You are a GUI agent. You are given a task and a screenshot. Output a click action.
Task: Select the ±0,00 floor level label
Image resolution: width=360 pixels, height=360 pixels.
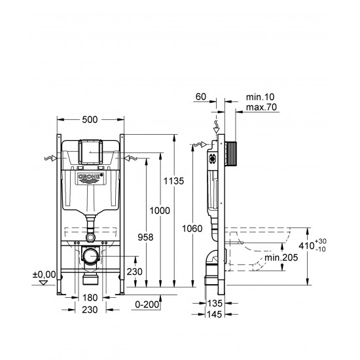click(43, 274)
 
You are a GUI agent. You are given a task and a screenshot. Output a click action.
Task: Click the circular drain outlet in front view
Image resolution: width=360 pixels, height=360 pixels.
click(90, 255)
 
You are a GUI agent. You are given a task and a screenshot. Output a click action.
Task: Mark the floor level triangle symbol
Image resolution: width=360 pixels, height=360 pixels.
click(45, 283)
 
